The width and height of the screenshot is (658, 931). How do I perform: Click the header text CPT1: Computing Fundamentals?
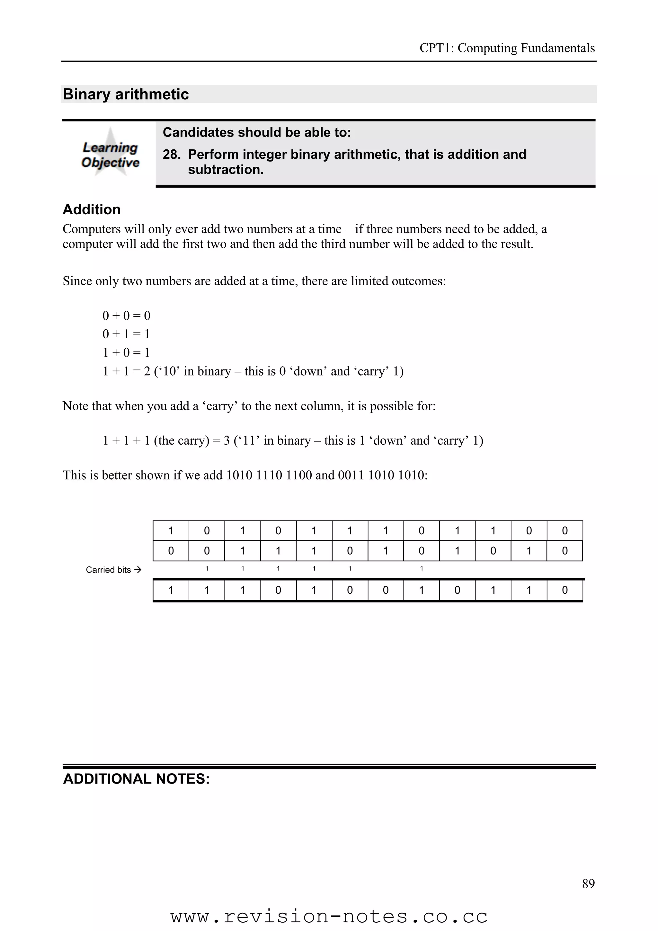(507, 48)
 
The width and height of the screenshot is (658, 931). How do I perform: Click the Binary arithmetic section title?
(126, 94)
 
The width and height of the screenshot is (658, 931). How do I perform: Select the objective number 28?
(171, 155)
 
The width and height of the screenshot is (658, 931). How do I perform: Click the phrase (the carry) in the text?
(181, 440)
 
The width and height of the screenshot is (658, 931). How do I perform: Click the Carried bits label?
(108, 570)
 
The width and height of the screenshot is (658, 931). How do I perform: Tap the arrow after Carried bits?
(138, 570)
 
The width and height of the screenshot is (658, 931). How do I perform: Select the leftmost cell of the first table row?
(171, 530)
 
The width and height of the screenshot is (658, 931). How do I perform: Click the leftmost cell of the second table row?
(171, 551)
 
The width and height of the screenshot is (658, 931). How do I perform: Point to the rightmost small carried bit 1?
(421, 569)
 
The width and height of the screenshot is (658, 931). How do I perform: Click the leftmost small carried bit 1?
(207, 569)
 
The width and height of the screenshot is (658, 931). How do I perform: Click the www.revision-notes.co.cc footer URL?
(329, 917)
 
